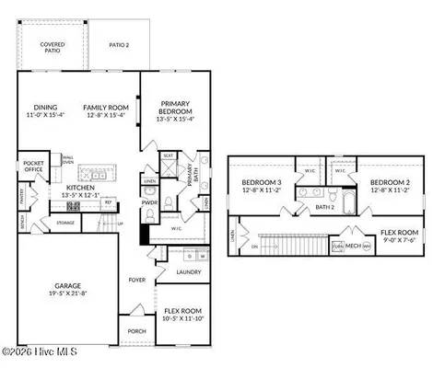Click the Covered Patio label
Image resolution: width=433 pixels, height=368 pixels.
pyautogui.click(x=52, y=48)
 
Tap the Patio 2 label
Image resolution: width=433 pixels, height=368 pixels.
pyautogui.click(x=119, y=44)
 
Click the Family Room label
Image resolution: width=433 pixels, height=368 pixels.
pyautogui.click(x=103, y=108)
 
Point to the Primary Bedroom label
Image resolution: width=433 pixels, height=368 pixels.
pyautogui.click(x=175, y=108)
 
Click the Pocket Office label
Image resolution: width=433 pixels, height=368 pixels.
pyautogui.click(x=34, y=167)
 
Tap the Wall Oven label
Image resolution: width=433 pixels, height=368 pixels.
pyautogui.click(x=67, y=159)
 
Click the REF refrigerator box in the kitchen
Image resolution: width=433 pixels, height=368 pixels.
pyautogui.click(x=108, y=201)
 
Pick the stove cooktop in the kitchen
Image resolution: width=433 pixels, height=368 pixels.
pyautogui.click(x=74, y=207)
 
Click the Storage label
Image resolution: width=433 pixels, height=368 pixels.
pyautogui.click(x=65, y=222)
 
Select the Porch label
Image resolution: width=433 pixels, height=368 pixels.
pyautogui.click(x=136, y=331)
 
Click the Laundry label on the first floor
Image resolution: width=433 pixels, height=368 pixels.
pyautogui.click(x=190, y=272)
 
